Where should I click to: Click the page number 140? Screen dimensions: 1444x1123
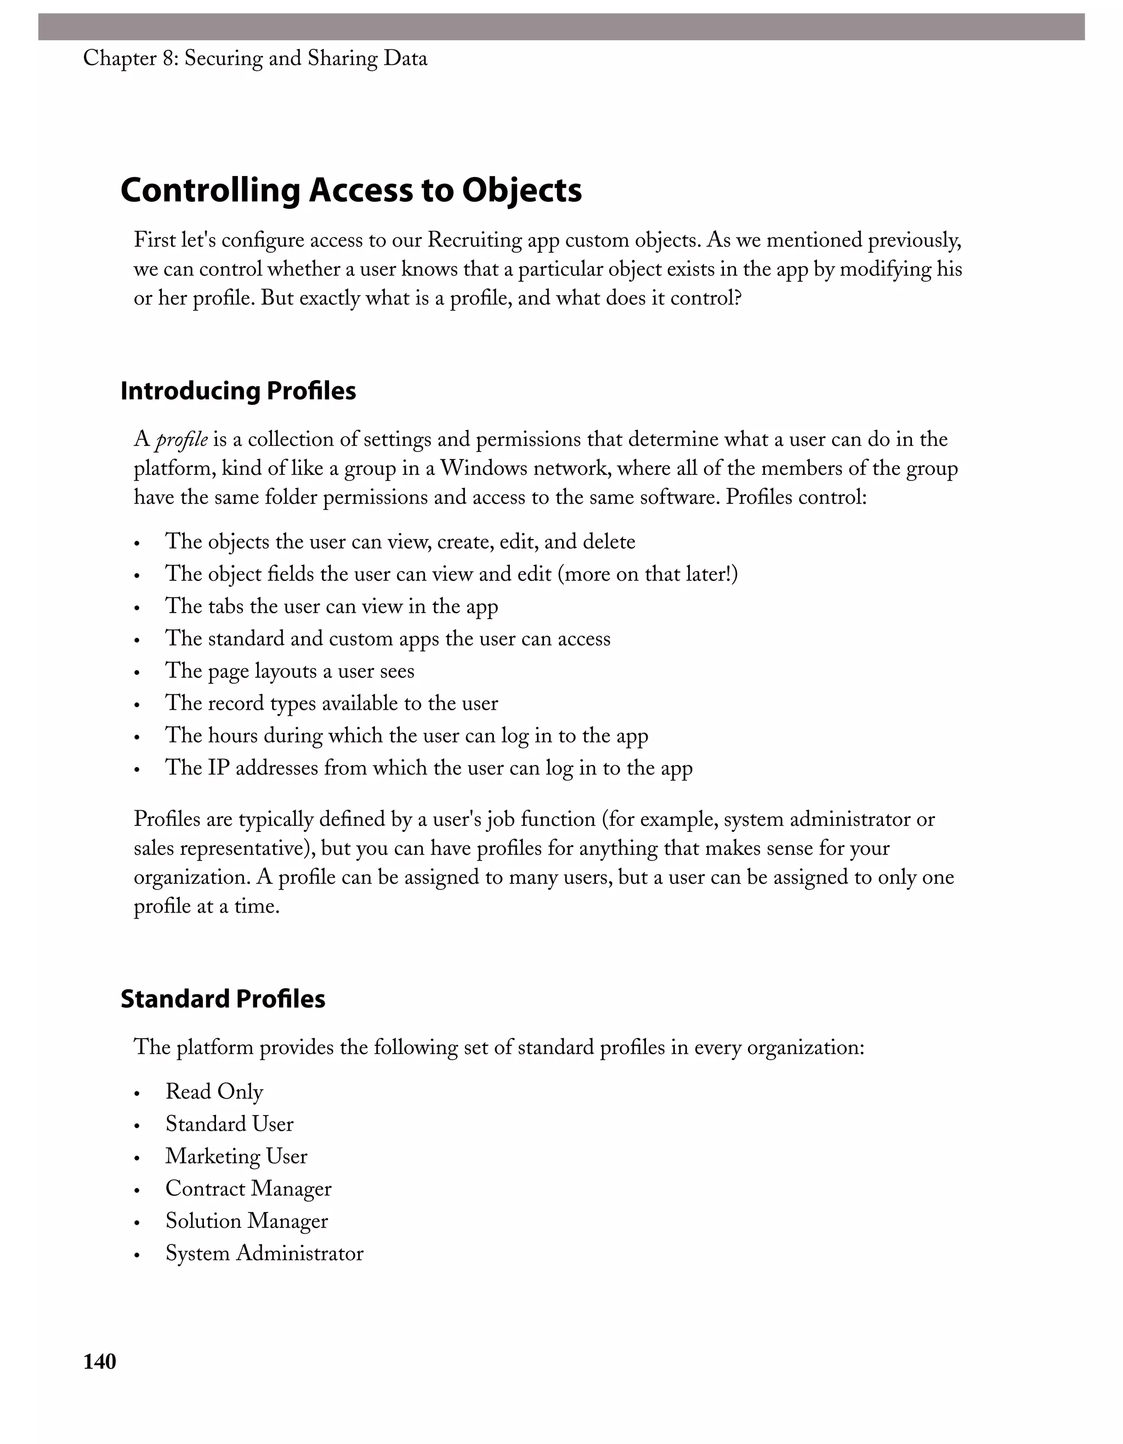100,1361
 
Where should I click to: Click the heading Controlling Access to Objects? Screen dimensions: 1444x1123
351,190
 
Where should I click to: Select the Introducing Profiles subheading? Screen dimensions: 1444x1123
238,392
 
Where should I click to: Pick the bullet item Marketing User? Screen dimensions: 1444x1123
236,1157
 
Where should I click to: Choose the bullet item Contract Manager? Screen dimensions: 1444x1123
248,1189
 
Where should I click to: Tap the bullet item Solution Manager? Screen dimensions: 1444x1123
247,1221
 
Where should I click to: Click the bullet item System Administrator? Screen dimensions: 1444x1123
264,1254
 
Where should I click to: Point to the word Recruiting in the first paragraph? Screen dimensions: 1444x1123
474,240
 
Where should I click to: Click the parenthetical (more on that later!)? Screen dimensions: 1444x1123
648,574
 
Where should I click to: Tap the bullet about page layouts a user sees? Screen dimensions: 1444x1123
290,671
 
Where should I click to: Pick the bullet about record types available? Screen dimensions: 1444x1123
331,704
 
